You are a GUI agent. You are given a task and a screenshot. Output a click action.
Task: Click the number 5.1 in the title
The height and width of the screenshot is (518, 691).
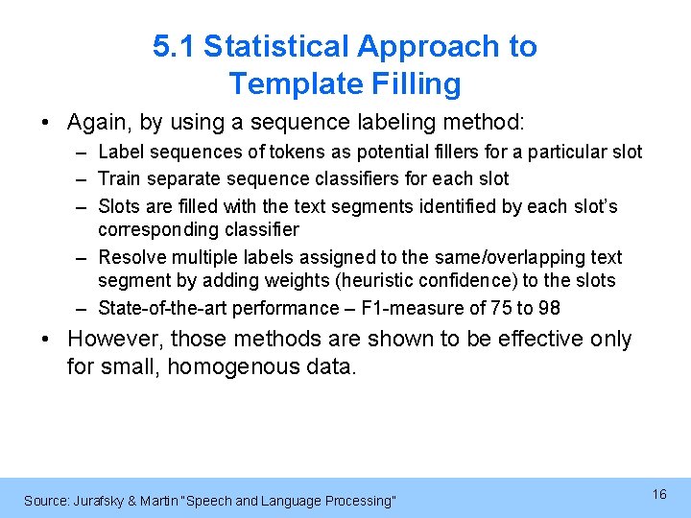(174, 46)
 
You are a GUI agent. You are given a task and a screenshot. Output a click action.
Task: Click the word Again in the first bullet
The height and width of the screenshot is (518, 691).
(96, 123)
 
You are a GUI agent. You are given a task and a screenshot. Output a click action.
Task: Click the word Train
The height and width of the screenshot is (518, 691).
(119, 178)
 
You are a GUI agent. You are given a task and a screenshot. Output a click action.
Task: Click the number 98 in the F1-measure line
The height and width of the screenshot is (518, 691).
(549, 309)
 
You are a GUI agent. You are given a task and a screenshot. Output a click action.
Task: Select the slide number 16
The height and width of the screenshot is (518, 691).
(659, 494)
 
